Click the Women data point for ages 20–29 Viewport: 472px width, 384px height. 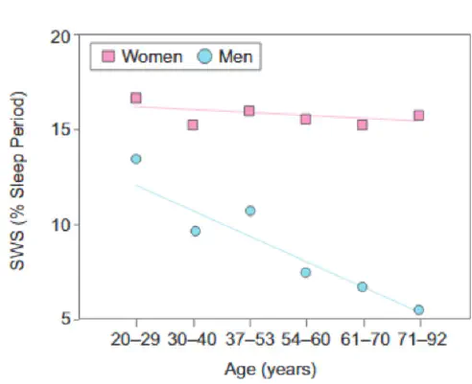136,98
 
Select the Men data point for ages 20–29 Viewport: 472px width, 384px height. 136,159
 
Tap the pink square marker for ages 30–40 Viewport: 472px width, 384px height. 193,124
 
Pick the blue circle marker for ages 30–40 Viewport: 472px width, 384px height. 196,231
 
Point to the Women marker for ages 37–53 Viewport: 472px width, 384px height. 249,111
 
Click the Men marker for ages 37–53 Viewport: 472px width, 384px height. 250,211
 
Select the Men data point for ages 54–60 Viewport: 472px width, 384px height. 306,272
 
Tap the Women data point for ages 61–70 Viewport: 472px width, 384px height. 362,124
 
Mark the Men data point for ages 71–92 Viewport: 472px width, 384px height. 419,309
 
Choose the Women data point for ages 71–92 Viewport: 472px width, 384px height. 419,115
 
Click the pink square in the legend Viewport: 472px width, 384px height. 108,56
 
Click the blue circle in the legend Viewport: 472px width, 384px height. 204,56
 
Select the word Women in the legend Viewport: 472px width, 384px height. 152,56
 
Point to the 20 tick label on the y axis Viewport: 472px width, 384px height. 60,37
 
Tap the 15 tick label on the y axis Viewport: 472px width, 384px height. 60,130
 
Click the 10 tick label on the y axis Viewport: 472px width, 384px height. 60,225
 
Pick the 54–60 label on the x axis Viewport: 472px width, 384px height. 305,339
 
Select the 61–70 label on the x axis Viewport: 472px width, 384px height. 365,339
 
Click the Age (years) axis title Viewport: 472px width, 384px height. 271,370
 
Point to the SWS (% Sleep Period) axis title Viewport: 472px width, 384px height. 17,180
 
